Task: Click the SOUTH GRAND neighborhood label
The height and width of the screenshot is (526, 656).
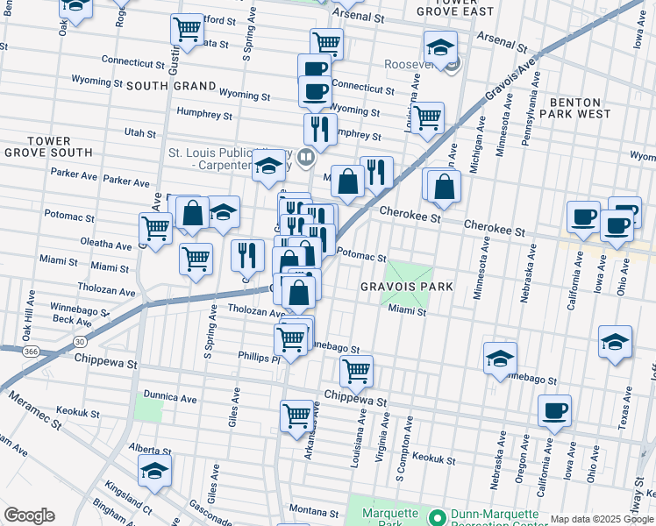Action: point(171,86)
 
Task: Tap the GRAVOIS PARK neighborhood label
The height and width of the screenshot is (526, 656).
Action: point(406,287)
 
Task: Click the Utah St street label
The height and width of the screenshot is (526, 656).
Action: point(139,133)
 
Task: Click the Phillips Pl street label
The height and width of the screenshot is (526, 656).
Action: point(258,358)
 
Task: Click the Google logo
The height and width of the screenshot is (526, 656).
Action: point(29,515)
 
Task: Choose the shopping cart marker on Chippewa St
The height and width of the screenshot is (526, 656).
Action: point(356,370)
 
